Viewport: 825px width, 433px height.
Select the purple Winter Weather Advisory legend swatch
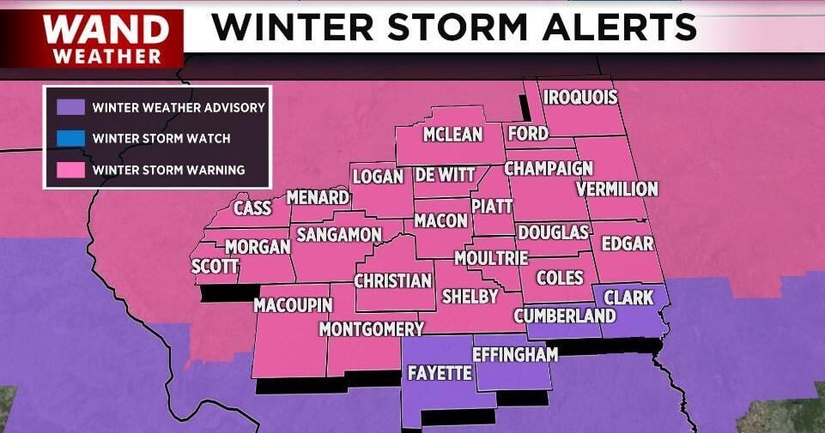click(70, 107)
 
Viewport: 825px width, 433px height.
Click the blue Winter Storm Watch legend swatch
click(70, 138)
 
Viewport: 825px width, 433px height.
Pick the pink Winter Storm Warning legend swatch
click(70, 170)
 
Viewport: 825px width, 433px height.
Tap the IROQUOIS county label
click(580, 97)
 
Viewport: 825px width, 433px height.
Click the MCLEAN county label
click(452, 135)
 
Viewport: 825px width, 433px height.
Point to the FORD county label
click(527, 134)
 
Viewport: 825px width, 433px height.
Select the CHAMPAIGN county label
click(549, 168)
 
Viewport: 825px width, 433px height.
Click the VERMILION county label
click(616, 189)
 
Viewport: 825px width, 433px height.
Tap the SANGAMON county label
click(338, 235)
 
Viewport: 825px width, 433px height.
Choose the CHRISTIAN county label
click(392, 280)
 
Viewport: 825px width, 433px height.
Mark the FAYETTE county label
click(439, 373)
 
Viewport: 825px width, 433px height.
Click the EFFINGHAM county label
click(515, 353)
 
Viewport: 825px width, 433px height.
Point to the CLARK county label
click(628, 298)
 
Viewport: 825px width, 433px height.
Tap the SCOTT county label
click(214, 267)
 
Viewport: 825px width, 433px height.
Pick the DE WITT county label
click(444, 175)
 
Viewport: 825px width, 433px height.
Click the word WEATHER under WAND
click(106, 56)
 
